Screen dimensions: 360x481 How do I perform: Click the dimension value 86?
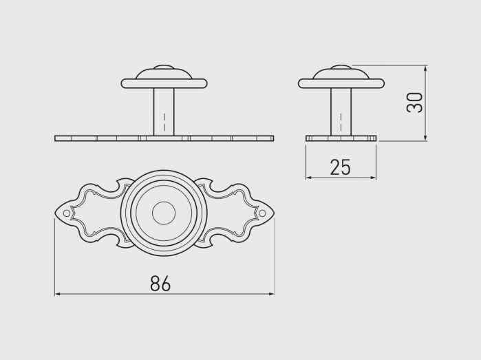pos(160,283)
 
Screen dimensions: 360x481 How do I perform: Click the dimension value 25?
pos(340,167)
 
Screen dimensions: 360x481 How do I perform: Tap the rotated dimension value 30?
pos(414,103)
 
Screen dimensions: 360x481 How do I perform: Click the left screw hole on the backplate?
pos(67,213)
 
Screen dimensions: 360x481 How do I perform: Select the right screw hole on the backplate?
pos(262,213)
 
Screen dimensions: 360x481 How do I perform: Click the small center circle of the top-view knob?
pos(164,213)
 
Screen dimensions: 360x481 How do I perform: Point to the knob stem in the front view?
pos(164,112)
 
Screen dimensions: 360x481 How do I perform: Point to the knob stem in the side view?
pos(341,112)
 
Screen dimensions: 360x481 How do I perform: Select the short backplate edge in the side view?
pos(341,138)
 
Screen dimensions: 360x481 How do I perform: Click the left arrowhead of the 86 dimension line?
pos(57,294)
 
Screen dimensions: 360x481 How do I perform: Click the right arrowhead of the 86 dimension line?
pos(272,294)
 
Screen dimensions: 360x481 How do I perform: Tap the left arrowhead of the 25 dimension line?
pos(308,178)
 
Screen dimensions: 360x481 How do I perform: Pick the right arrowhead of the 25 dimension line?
pos(374,178)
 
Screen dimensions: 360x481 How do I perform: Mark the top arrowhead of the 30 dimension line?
pos(426,68)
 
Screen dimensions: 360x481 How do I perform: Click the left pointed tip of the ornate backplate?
pos(56,213)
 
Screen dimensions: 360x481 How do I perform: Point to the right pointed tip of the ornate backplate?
pos(273,213)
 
